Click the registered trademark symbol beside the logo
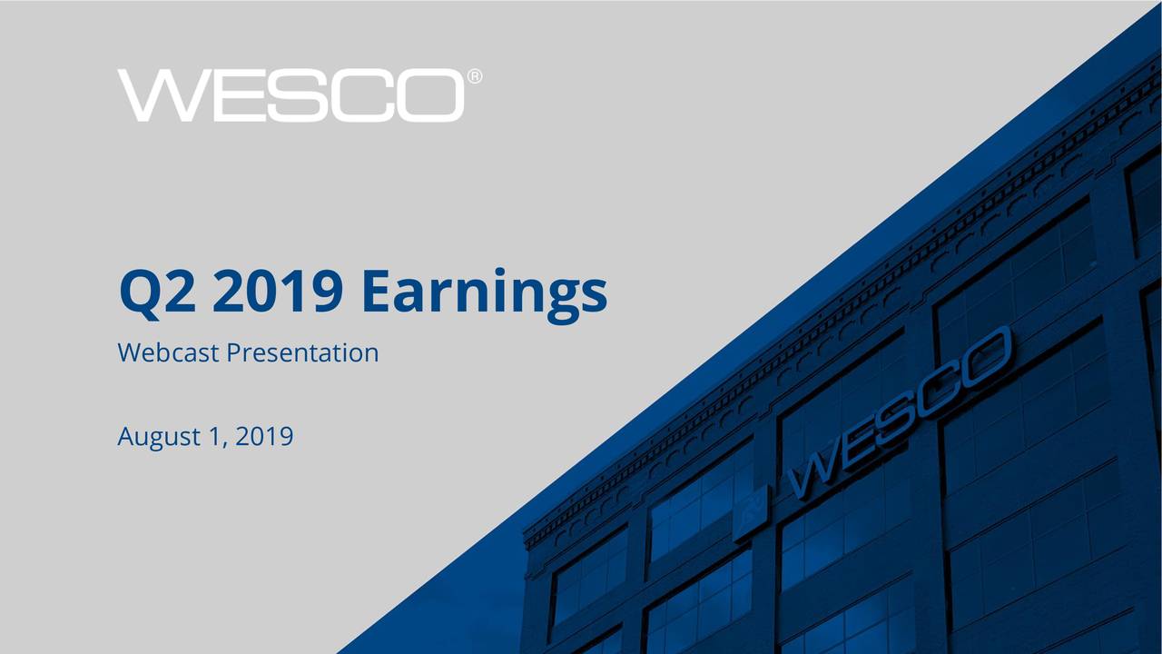(475, 78)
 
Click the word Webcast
(168, 352)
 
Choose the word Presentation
(302, 352)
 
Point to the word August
(158, 439)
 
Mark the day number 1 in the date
(214, 438)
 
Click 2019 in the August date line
(264, 438)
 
